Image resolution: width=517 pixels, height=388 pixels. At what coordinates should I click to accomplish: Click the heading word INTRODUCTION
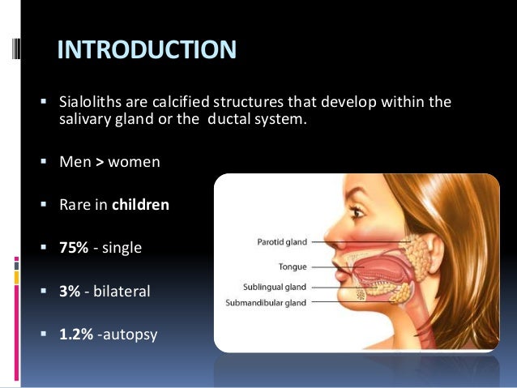click(147, 51)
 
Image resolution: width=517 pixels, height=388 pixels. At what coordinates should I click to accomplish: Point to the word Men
click(75, 162)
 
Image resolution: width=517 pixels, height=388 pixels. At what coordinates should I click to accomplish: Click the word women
click(135, 162)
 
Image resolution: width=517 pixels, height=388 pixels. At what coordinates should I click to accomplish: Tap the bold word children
click(140, 205)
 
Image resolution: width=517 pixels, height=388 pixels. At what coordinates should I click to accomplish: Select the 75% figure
click(74, 248)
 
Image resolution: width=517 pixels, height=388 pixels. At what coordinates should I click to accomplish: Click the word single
click(122, 248)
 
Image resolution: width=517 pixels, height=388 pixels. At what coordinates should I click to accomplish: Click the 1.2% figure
click(75, 333)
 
